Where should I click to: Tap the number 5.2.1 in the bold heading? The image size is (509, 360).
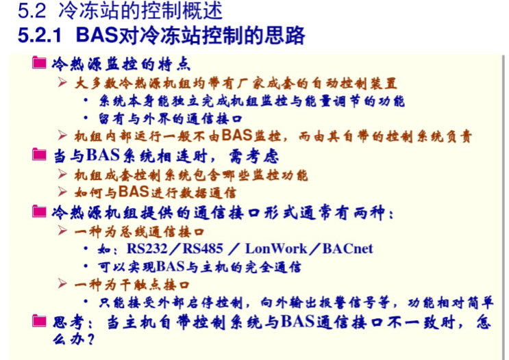(x=40, y=35)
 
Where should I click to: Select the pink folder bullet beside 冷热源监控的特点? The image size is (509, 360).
(x=39, y=62)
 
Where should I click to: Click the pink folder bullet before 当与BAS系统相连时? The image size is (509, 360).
(x=39, y=155)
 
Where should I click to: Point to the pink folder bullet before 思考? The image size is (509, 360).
(x=39, y=321)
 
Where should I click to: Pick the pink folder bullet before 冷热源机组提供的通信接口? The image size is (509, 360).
(x=39, y=211)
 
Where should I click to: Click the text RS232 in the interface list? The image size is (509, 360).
(x=147, y=248)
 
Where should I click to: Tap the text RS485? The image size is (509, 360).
(x=203, y=248)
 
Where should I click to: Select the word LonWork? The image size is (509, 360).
(x=276, y=248)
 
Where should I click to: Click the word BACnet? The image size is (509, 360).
(x=347, y=248)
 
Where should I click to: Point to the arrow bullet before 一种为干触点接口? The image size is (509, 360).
(x=62, y=283)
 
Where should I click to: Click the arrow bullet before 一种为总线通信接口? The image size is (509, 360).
(x=62, y=230)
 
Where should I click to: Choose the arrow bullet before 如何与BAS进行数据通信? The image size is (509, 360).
(x=62, y=192)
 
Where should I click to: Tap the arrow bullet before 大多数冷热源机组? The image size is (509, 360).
(x=62, y=82)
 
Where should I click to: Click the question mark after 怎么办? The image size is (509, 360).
(x=90, y=339)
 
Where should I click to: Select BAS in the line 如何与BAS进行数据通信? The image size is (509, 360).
(x=134, y=192)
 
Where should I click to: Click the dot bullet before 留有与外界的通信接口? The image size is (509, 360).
(x=86, y=118)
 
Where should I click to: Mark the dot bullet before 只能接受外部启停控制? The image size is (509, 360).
(x=86, y=302)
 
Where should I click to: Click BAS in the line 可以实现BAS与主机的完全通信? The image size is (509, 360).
(x=171, y=267)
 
